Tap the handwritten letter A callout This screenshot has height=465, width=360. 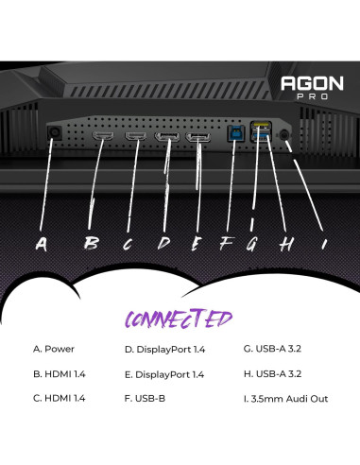click(41, 243)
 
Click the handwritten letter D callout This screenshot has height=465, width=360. click(163, 243)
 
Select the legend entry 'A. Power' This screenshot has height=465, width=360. click(54, 349)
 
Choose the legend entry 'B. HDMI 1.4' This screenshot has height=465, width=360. click(60, 373)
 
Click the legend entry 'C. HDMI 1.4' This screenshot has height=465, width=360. click(60, 398)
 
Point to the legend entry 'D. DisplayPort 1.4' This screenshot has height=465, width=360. click(164, 349)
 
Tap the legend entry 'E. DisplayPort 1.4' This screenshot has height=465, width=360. click(164, 373)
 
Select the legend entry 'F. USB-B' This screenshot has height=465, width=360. click(145, 398)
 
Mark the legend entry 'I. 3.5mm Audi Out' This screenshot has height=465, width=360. click(285, 398)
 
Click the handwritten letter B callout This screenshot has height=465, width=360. click(91, 243)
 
